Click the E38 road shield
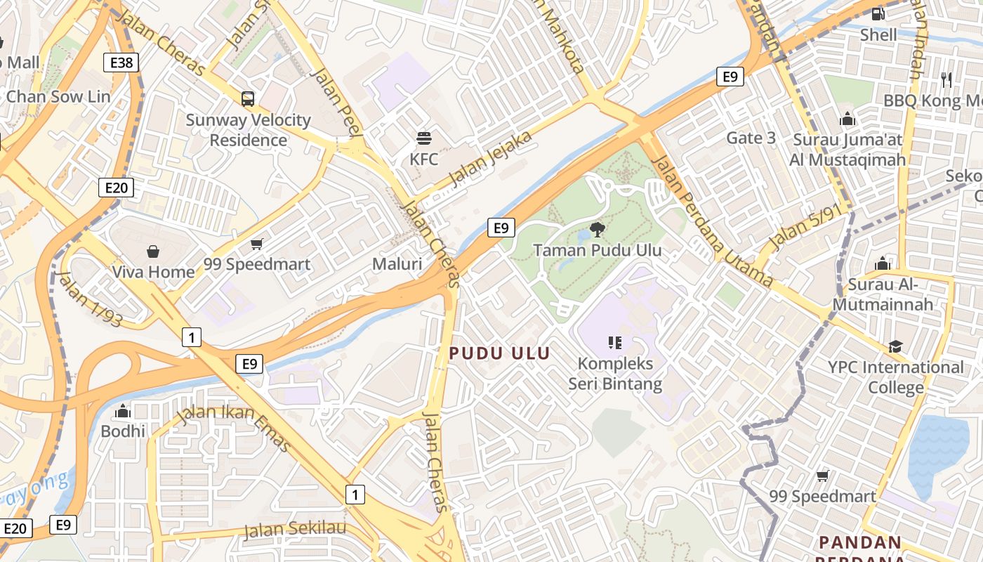pos(121,63)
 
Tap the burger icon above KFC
pos(423,138)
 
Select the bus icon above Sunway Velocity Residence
pos(248,98)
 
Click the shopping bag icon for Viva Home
pos(153,251)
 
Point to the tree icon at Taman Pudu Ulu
pos(598,228)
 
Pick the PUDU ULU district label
pos(499,353)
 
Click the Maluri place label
pos(397,264)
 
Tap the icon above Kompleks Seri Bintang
pos(615,343)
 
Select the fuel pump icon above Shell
pos(878,13)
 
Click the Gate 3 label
pos(751,138)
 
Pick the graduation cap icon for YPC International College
pos(895,346)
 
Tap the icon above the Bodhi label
pos(123,410)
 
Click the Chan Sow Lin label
pos(58,96)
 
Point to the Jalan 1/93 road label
pos(91,299)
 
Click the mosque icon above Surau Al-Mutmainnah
pos(883,263)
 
